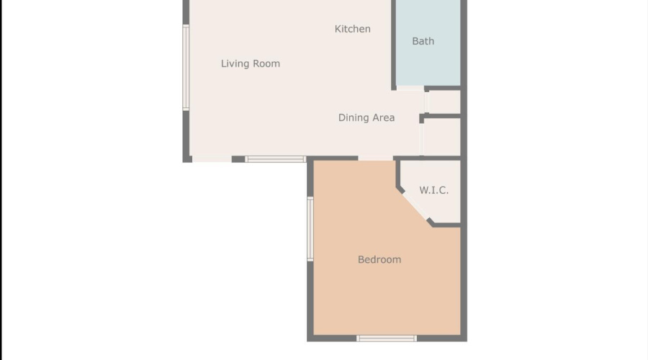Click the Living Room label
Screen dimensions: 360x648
click(x=250, y=64)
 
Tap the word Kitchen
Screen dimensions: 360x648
click(x=353, y=29)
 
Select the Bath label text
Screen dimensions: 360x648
click(x=423, y=41)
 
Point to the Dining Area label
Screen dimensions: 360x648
click(x=366, y=117)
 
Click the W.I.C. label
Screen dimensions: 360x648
click(x=434, y=190)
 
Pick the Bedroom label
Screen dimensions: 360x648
click(x=379, y=259)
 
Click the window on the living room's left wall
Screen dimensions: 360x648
click(x=186, y=68)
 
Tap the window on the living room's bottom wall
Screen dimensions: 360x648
click(x=275, y=159)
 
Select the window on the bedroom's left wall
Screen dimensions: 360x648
click(x=310, y=228)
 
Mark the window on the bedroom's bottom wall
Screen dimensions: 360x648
click(x=387, y=338)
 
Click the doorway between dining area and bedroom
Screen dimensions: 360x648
click(x=376, y=158)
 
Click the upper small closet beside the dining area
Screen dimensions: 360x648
click(x=444, y=102)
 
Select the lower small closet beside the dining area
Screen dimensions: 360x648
click(x=441, y=136)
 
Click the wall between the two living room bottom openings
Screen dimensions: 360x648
click(x=238, y=159)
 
